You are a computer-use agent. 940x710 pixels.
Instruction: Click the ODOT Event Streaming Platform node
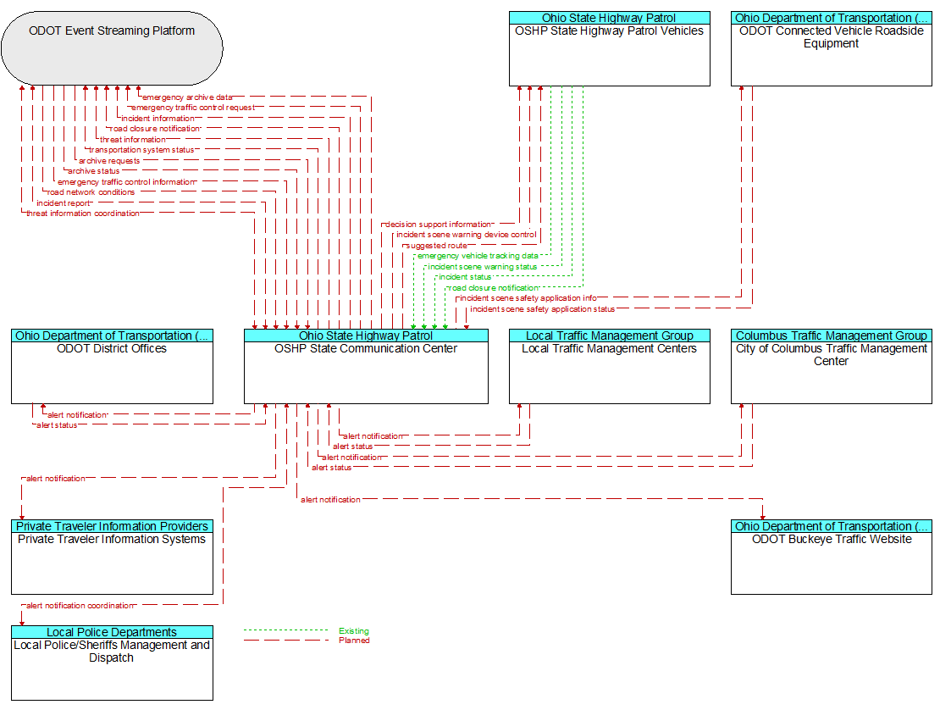(x=112, y=48)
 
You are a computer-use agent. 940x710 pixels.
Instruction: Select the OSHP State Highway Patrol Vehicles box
(x=609, y=48)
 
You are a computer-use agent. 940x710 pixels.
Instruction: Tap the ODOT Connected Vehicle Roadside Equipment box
(x=832, y=48)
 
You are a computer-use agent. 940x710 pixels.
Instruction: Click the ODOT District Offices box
(x=112, y=366)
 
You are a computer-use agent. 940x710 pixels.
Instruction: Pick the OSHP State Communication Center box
(x=366, y=366)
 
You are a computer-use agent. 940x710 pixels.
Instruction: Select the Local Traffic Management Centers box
(x=609, y=366)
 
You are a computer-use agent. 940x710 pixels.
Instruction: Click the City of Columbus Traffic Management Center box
(x=832, y=366)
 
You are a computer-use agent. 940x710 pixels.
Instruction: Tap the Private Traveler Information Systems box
(x=112, y=557)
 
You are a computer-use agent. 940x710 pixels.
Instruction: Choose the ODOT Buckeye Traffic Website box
(x=832, y=557)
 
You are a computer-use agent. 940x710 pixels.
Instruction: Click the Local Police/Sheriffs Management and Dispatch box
(x=112, y=663)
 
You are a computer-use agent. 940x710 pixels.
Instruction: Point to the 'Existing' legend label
(x=354, y=631)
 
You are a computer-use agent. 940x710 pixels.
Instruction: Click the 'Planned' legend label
(x=354, y=641)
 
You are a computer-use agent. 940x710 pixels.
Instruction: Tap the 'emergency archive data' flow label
(x=187, y=97)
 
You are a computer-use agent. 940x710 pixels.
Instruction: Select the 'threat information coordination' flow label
(x=83, y=214)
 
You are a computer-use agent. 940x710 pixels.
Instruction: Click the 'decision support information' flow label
(x=438, y=225)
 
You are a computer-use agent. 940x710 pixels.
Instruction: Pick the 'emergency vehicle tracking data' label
(x=478, y=256)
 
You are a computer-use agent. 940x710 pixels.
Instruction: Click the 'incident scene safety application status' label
(x=543, y=309)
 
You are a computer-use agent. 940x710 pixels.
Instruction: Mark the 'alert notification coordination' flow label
(x=80, y=606)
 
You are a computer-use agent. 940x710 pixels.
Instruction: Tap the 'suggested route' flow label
(x=437, y=246)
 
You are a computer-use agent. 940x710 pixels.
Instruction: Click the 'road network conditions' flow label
(x=91, y=192)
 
